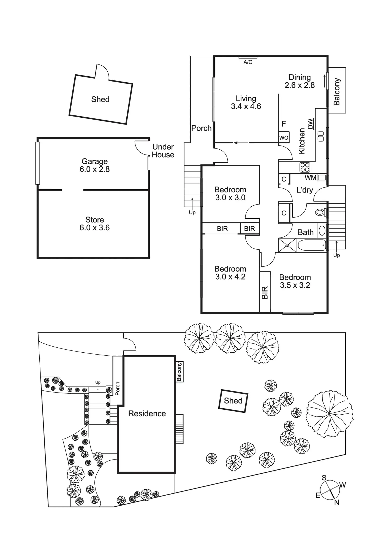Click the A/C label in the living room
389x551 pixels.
248,62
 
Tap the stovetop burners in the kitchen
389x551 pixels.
305,167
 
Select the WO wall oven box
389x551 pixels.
284,137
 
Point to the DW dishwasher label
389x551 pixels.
310,124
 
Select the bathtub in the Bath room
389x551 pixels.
312,245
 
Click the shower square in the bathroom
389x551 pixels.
287,245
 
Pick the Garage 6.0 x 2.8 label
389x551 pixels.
95,165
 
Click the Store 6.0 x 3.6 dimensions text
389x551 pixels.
95,228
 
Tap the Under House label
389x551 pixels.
163,151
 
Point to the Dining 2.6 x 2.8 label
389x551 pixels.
300,81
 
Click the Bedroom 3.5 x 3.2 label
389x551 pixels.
295,281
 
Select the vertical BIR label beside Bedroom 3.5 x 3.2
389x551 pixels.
265,293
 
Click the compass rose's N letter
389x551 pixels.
336,502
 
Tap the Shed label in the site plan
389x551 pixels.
233,401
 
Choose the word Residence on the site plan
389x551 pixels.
147,414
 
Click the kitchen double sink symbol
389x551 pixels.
321,136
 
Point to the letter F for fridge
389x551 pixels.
284,124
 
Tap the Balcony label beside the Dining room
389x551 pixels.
337,92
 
